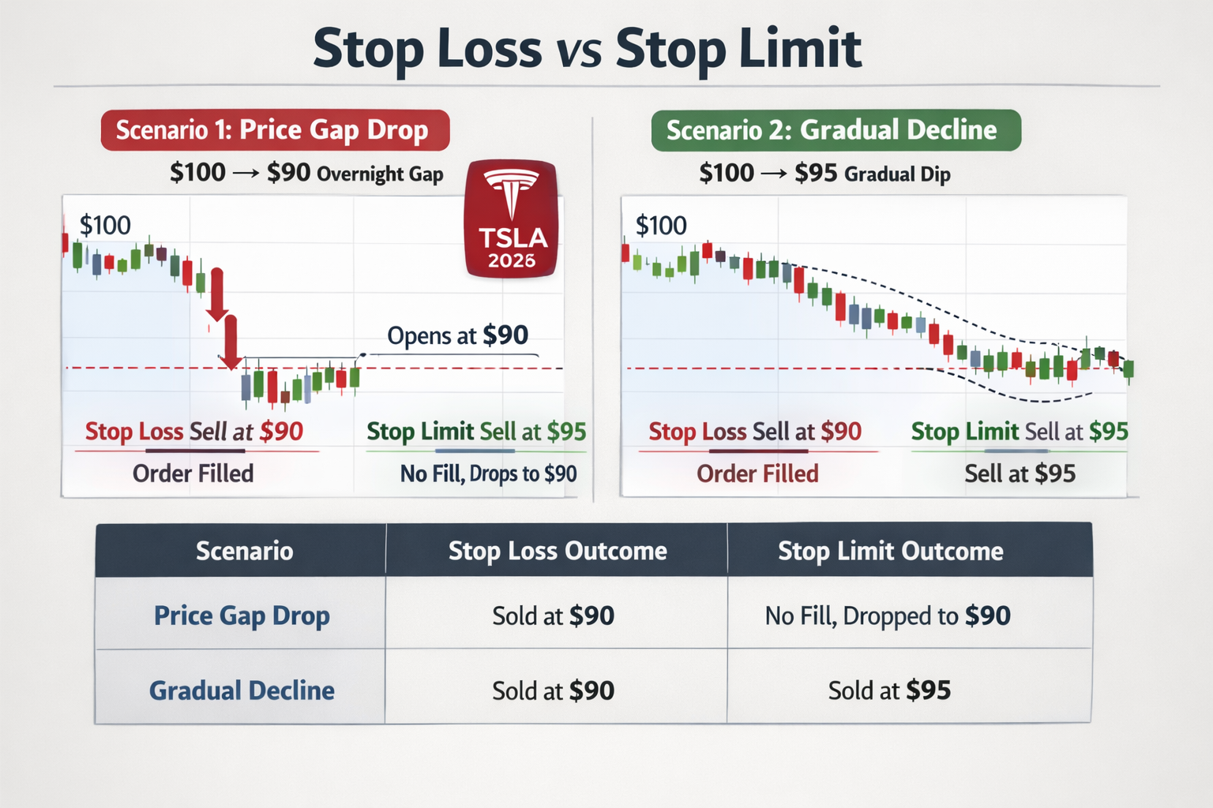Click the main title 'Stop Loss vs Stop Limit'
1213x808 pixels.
pyautogui.click(x=587, y=49)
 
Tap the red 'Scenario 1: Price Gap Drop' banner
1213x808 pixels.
pyautogui.click(x=274, y=130)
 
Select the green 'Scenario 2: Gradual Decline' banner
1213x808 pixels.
pyautogui.click(x=835, y=130)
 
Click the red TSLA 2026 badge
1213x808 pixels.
pyautogui.click(x=512, y=219)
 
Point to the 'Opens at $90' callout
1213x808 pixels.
pyautogui.click(x=457, y=335)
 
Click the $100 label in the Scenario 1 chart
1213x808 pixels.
pyautogui.click(x=105, y=226)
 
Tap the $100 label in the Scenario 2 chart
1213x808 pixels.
pyautogui.click(x=661, y=226)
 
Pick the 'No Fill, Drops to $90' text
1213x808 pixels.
pyautogui.click(x=488, y=473)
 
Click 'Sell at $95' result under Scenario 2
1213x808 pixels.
pyautogui.click(x=1020, y=473)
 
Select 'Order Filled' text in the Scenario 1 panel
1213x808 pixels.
pyautogui.click(x=193, y=473)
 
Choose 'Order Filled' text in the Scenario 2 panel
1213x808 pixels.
pyautogui.click(x=757, y=473)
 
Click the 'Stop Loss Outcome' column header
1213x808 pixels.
pyautogui.click(x=558, y=551)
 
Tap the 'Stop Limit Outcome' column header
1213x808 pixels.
pyautogui.click(x=891, y=551)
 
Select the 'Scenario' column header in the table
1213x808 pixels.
pyautogui.click(x=244, y=551)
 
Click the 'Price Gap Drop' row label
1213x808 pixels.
pyautogui.click(x=242, y=615)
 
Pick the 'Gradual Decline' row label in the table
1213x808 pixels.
pyautogui.click(x=242, y=690)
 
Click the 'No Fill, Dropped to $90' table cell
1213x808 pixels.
pyautogui.click(x=888, y=615)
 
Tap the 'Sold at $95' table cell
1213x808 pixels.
pyautogui.click(x=889, y=690)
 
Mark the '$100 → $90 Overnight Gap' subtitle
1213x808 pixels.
pyautogui.click(x=306, y=173)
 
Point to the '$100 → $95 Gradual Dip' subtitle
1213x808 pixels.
pyautogui.click(x=824, y=173)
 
